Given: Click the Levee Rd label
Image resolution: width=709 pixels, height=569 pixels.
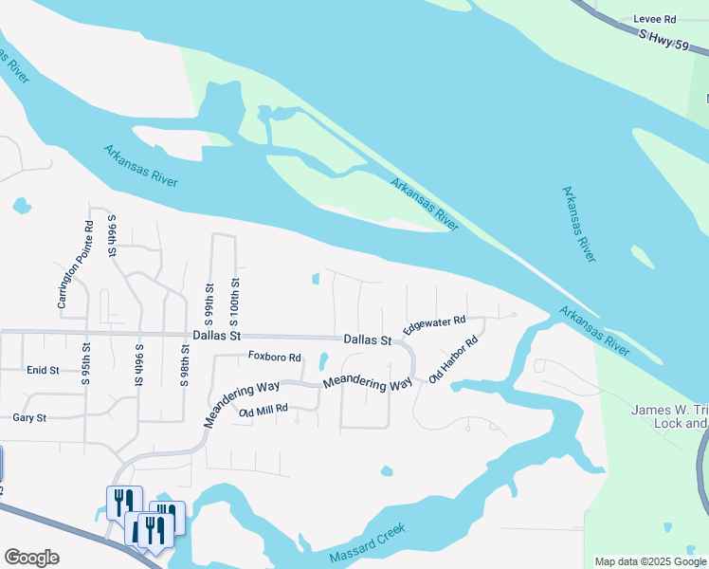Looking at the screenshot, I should coord(656,19).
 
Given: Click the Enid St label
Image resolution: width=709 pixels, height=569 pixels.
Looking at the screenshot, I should coord(43,370).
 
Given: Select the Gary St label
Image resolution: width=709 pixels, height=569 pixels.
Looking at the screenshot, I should coord(29,417).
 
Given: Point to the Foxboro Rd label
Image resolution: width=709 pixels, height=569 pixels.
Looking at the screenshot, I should coord(274,358).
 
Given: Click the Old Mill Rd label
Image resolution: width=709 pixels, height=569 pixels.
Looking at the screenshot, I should coord(263,412).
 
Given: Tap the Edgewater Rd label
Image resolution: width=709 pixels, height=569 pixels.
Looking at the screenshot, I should coord(433,324).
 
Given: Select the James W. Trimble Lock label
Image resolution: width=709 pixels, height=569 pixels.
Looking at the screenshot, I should coord(669,416).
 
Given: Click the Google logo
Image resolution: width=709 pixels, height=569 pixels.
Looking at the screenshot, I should coord(30,558).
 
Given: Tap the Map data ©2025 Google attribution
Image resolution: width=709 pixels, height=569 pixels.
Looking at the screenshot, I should coord(650,561).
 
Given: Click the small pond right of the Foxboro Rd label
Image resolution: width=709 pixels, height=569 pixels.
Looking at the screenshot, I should coord(323,360).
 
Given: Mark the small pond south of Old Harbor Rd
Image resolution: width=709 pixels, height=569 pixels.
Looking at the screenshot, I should coord(386,470).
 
